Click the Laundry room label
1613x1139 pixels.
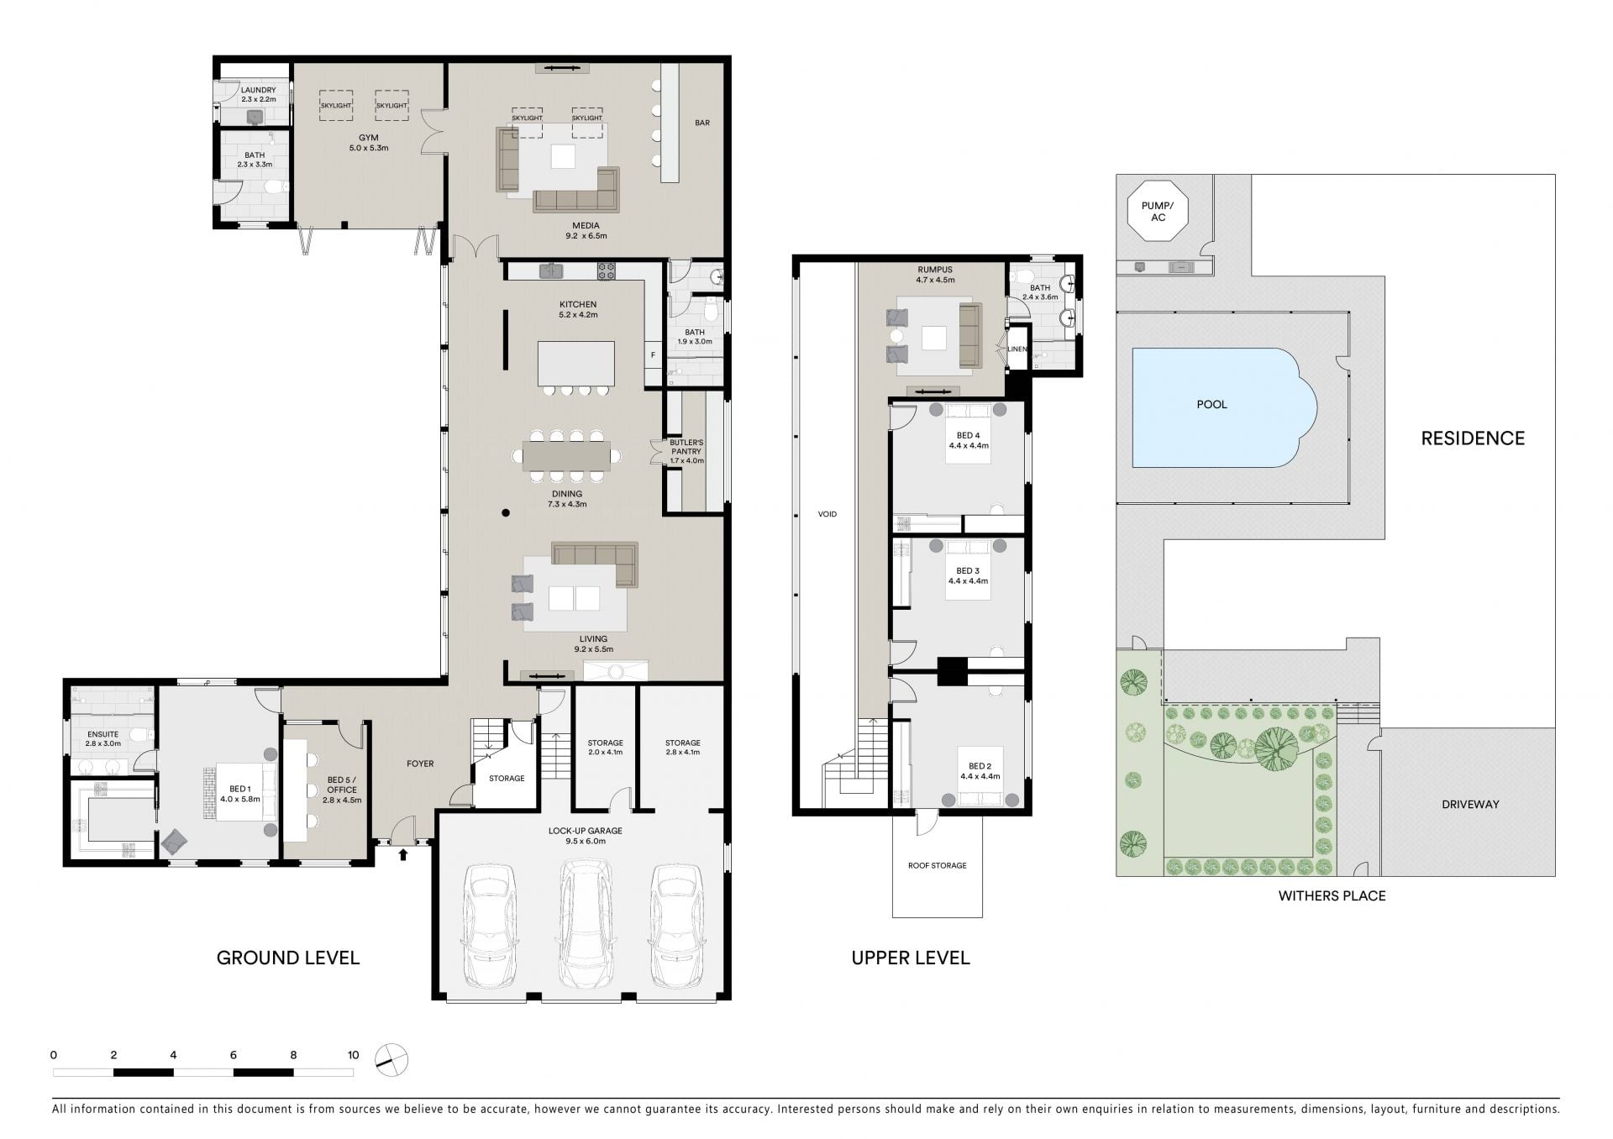(x=258, y=95)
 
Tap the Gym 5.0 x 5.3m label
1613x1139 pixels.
(x=368, y=143)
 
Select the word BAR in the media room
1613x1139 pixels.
(x=702, y=123)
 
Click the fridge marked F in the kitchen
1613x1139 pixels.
(x=653, y=355)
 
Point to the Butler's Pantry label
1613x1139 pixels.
(x=686, y=451)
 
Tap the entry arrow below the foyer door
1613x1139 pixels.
(x=403, y=855)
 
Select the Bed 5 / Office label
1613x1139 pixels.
(x=342, y=790)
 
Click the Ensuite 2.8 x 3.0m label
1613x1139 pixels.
(x=103, y=738)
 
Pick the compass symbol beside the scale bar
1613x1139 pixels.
(x=391, y=1060)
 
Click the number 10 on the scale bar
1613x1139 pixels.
(x=353, y=1055)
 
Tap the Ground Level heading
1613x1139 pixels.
(x=288, y=958)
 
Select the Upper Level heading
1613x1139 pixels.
(x=911, y=958)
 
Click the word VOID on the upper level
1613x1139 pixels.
(x=828, y=514)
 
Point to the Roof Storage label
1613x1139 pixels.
(x=938, y=865)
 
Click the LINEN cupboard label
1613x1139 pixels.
(x=1017, y=349)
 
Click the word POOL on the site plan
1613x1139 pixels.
(x=1211, y=404)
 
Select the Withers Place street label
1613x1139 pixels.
(x=1332, y=896)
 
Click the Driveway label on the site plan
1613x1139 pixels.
(x=1470, y=804)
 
